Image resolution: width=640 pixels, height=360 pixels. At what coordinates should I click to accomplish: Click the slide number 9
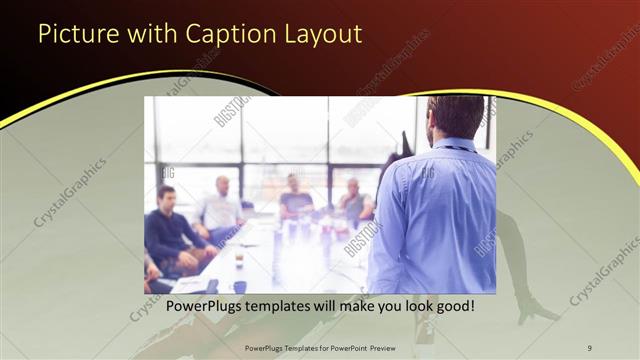coord(589,346)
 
